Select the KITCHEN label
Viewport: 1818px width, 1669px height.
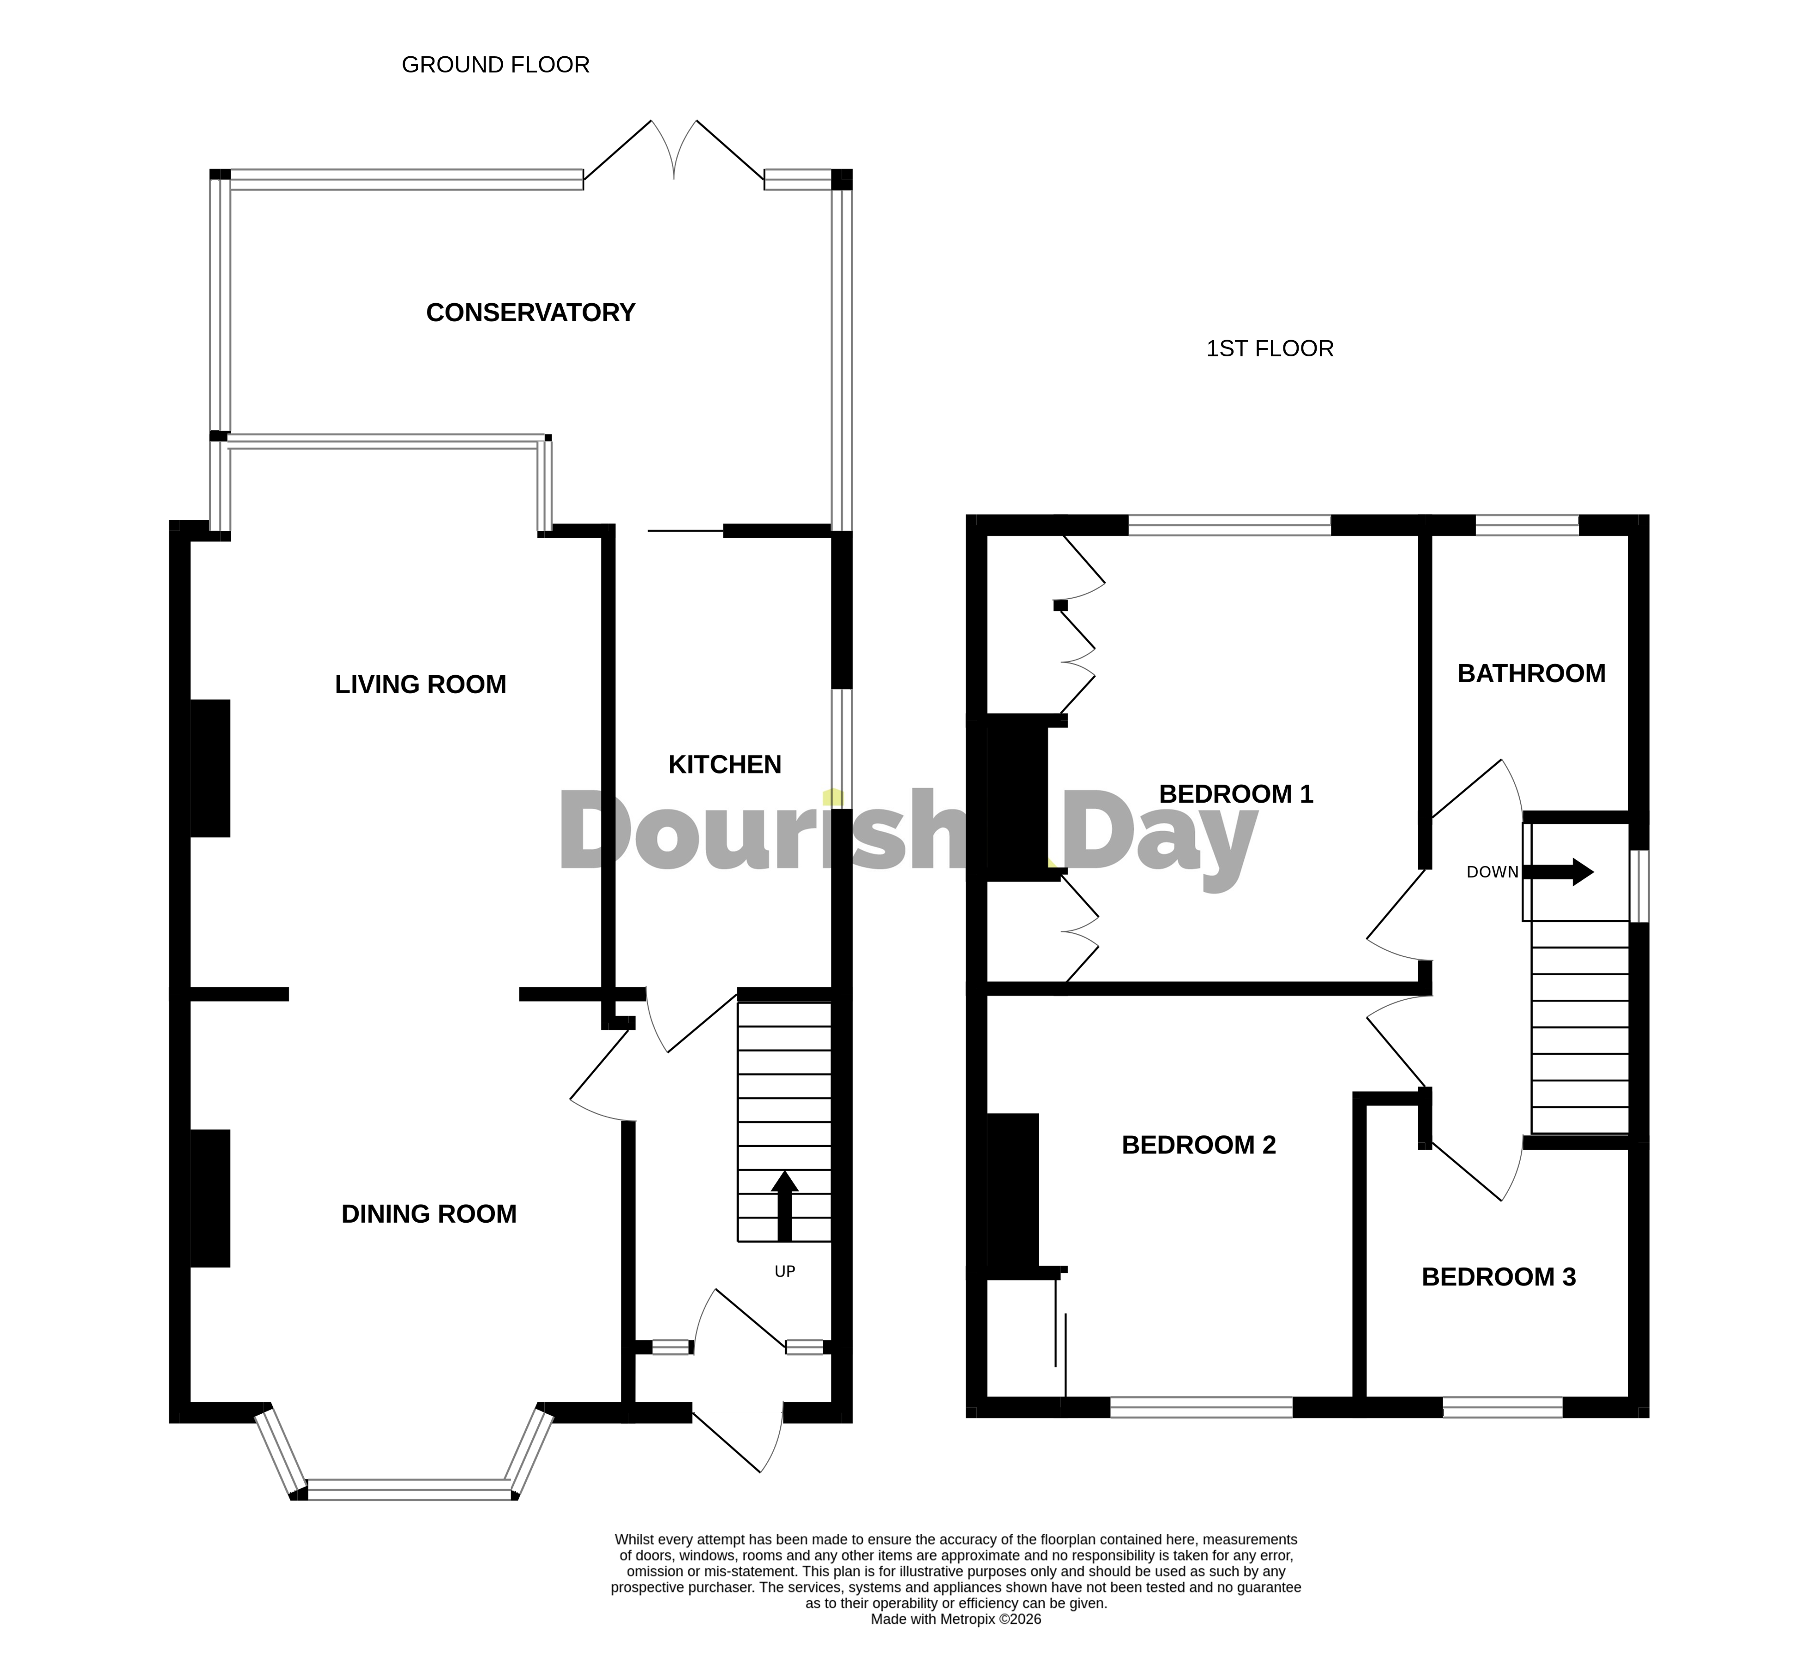pos(724,765)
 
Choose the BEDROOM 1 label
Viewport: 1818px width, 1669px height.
pos(1235,794)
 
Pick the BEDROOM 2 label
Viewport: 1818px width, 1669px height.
pos(1198,1145)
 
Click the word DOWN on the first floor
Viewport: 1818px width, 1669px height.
pos(1492,872)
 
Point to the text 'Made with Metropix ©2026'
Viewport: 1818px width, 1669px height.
pos(956,1645)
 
